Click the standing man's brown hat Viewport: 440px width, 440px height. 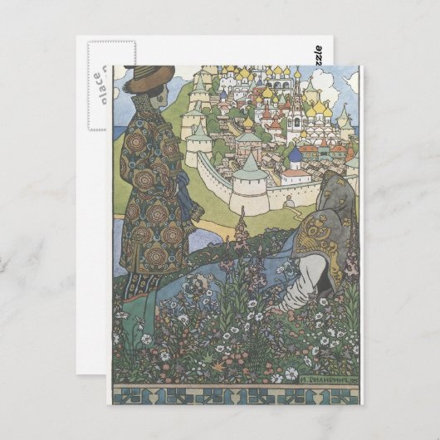[149, 79]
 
